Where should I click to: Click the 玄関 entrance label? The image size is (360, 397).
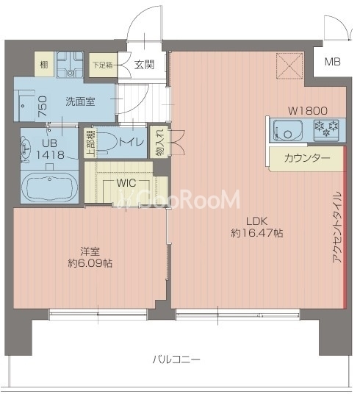point(144,65)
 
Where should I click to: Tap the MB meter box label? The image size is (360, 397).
point(332,62)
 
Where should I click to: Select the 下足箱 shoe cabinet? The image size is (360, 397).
point(103,65)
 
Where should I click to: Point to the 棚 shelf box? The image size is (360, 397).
point(44,64)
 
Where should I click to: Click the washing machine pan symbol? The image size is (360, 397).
point(70,65)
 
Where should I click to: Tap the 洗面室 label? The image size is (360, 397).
point(80,101)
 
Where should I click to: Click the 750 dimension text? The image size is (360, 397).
point(43,106)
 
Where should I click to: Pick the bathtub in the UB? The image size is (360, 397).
point(49,187)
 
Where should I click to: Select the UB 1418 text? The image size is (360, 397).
point(49,149)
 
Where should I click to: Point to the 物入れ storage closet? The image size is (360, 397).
point(159,142)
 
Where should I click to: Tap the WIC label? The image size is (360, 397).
point(126,183)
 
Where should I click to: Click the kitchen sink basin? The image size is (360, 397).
point(288,131)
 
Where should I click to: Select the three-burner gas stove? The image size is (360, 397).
point(326,129)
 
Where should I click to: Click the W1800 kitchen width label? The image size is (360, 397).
point(308,110)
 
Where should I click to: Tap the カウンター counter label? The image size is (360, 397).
point(307,158)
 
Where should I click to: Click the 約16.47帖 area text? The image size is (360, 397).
point(257,233)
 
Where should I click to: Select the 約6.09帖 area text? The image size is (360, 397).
point(90,264)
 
